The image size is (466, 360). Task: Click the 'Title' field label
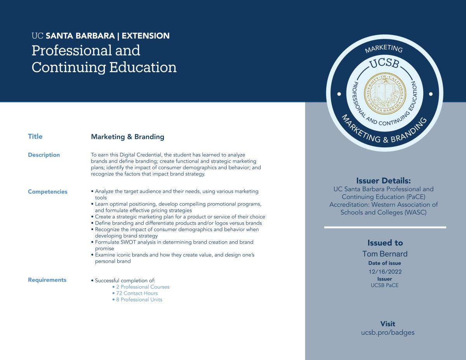pos(35,137)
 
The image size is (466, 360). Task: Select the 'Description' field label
pos(43,155)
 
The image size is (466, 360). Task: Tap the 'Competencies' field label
pos(47,192)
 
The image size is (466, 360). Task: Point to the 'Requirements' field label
pos(47,280)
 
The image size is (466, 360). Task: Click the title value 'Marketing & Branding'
pos(127,137)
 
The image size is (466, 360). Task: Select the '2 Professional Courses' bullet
pos(143,287)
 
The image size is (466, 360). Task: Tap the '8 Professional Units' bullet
pos(139,299)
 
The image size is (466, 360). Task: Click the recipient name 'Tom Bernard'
pos(385,254)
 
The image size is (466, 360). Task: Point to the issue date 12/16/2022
pos(385,272)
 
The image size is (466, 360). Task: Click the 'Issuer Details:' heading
pos(383,181)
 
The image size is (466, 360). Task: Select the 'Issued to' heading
pos(385,243)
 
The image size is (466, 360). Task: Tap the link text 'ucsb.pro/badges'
pos(388,332)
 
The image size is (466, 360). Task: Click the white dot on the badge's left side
pos(339,93)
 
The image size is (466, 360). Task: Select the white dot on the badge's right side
pos(431,93)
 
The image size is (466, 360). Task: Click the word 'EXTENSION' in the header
pos(146,36)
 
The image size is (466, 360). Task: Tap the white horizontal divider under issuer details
pos(385,227)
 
